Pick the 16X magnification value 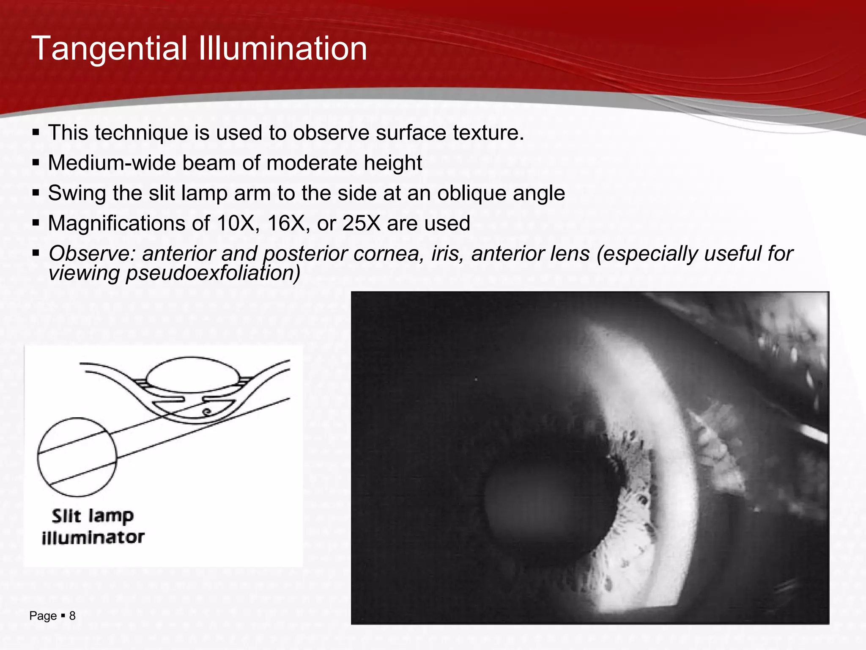coord(287,223)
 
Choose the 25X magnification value coord(362,223)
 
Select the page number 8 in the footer coord(72,616)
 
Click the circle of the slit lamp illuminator coord(77,457)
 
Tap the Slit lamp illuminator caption coord(93,526)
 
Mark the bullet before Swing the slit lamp coord(36,193)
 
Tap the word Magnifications coord(117,223)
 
